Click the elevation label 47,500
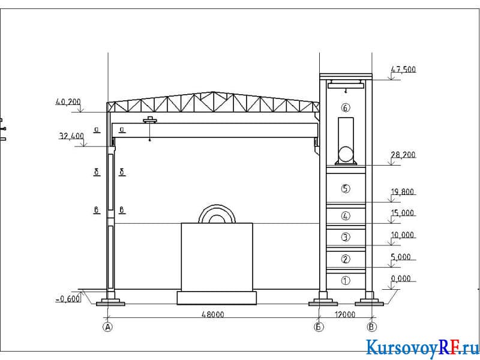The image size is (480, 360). pos(403,70)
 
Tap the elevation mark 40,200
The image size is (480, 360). pos(68,102)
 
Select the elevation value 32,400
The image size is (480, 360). pos(71,136)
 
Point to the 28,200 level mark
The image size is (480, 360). pos(403,155)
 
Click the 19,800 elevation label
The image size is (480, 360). pos(403,192)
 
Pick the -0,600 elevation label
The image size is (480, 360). pos(68,298)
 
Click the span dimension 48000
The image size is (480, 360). pos(213,314)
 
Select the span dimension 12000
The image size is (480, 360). pos(345,314)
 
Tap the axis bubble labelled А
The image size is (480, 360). pos(107,327)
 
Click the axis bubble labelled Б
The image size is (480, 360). pos(319,327)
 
